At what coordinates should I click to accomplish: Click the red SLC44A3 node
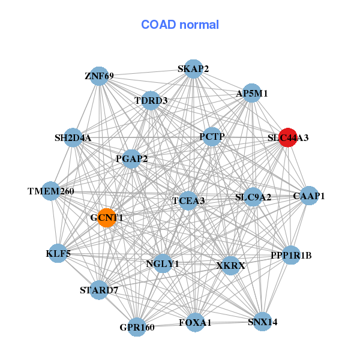[x=288, y=137]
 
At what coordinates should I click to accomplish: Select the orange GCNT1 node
[x=107, y=218]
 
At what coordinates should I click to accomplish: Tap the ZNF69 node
[x=100, y=76]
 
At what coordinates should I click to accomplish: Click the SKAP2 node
[x=193, y=69]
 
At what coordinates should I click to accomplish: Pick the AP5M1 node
[x=252, y=93]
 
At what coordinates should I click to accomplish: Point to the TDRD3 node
[x=151, y=100]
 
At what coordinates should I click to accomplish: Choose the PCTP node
[x=212, y=137]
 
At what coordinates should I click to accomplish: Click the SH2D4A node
[x=73, y=138]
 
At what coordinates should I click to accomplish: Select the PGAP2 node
[x=132, y=159]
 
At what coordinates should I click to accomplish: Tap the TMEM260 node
[x=51, y=191]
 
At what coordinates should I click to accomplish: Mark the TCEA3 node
[x=188, y=200]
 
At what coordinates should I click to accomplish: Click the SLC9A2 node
[x=253, y=197]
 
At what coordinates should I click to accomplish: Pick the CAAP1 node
[x=308, y=196]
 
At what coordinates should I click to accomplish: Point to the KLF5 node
[x=58, y=253]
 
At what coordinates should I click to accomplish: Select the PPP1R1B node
[x=291, y=255]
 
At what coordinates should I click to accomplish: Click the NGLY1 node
[x=163, y=263]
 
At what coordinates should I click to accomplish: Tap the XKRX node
[x=230, y=265]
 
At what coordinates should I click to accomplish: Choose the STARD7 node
[x=100, y=291]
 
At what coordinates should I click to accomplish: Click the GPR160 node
[x=137, y=327]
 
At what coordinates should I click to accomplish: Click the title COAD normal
[x=180, y=25]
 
